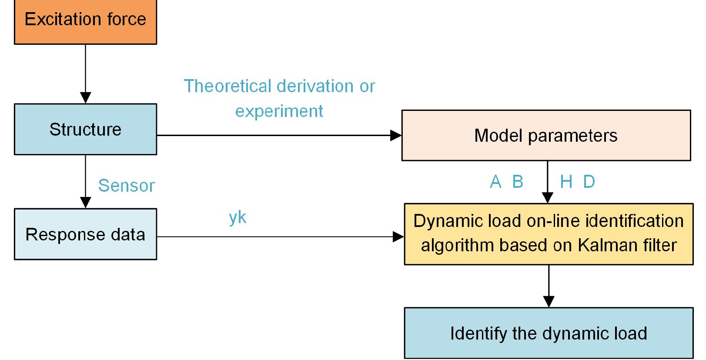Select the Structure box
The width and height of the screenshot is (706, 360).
[x=85, y=129]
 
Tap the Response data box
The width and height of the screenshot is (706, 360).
[x=85, y=234]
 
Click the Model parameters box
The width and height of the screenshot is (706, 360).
[x=545, y=135]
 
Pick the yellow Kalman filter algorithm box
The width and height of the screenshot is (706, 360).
[x=548, y=233]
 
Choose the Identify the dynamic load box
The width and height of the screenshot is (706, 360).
[x=548, y=333]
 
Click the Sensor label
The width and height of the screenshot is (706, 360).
[x=126, y=186]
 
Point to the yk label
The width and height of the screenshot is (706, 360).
[x=238, y=217]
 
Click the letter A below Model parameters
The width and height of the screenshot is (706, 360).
[x=495, y=182]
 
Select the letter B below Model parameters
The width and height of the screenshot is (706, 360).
[x=518, y=182]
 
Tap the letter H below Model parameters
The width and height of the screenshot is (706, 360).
[x=566, y=182]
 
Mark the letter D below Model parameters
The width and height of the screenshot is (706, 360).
[x=589, y=182]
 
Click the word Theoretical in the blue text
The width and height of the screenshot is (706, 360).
[x=226, y=86]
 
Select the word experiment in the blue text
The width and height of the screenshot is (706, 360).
[x=279, y=111]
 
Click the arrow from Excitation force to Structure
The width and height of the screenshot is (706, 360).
[x=86, y=72]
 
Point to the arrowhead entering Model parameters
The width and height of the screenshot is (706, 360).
[x=395, y=135]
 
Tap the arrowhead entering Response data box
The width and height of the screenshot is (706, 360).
[x=86, y=203]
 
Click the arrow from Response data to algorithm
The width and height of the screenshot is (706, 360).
[x=278, y=237]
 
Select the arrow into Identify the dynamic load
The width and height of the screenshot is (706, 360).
[x=549, y=287]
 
